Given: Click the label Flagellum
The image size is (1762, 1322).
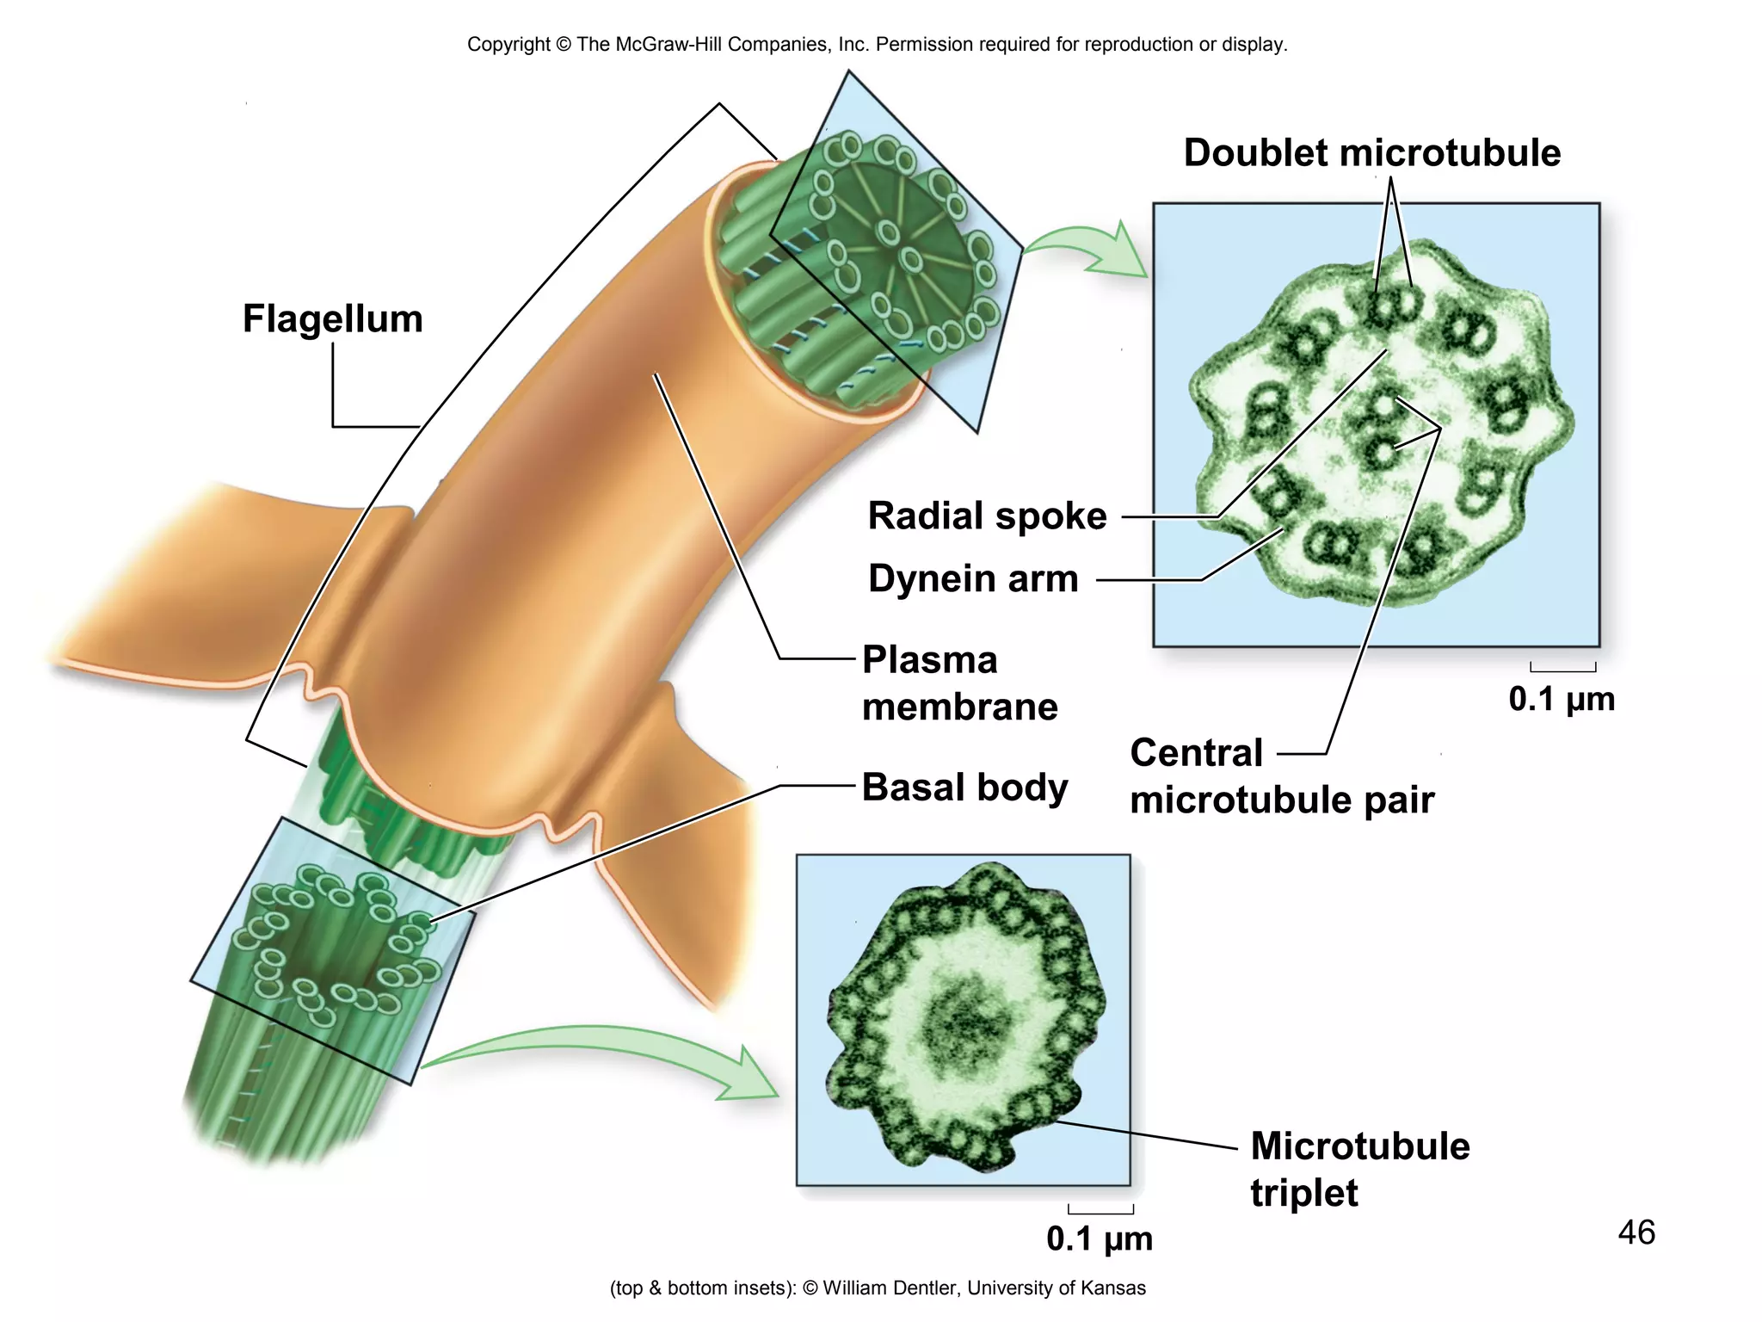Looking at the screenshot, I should click(x=332, y=318).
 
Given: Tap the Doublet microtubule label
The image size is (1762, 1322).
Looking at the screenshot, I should click(x=1371, y=153).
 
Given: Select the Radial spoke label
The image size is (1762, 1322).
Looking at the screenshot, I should click(x=987, y=516).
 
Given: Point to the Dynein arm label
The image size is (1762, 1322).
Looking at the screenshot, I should click(x=973, y=578).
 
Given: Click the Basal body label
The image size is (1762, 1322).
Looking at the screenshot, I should click(x=964, y=787).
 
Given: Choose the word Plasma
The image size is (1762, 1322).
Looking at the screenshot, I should click(x=929, y=660).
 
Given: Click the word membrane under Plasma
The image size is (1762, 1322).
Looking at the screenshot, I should click(x=959, y=707).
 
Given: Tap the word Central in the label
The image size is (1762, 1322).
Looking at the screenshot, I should click(x=1196, y=753).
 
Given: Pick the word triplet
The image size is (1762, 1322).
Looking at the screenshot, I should click(x=1303, y=1193).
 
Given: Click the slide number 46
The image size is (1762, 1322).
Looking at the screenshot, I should click(x=1636, y=1232).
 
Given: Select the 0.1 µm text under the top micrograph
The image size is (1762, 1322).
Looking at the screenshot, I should click(x=1562, y=699).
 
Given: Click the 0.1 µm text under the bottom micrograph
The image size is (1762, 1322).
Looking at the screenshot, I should click(x=1099, y=1239).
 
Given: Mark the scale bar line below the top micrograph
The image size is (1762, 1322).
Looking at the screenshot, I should click(x=1562, y=670).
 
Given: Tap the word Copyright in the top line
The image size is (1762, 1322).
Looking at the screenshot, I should click(x=508, y=45).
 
